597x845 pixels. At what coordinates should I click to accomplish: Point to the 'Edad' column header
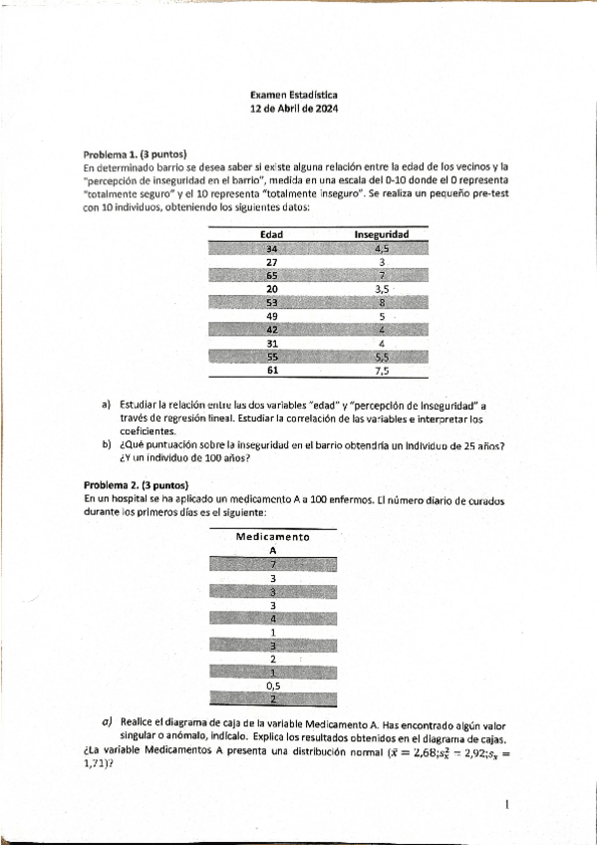[x=271, y=234]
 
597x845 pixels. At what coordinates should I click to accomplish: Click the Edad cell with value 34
[x=271, y=248]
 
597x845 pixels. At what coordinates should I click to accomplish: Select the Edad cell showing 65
[x=271, y=275]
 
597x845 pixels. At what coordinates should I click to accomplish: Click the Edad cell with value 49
[x=271, y=316]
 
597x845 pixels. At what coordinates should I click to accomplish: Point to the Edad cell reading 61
[x=271, y=370]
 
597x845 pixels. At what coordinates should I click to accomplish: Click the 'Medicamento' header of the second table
[x=272, y=537]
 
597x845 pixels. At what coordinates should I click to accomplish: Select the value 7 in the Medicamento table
[x=272, y=564]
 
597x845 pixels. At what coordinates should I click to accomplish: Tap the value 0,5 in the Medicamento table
[x=272, y=686]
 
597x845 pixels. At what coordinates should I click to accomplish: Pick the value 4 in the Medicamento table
[x=272, y=618]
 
